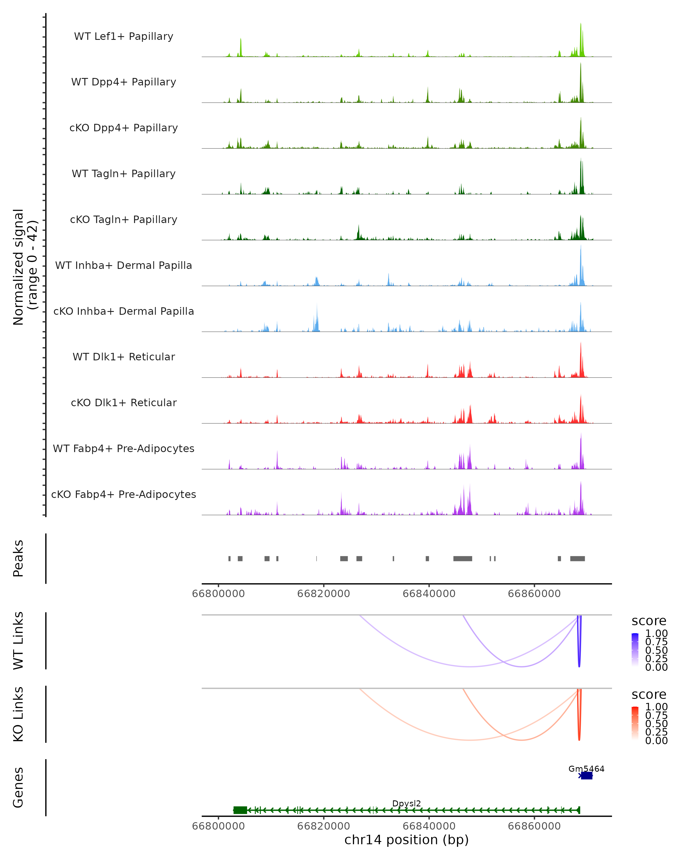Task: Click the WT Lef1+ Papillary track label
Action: click(124, 36)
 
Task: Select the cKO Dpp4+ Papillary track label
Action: click(124, 128)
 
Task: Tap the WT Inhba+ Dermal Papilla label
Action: click(124, 266)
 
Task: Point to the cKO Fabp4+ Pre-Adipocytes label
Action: click(124, 494)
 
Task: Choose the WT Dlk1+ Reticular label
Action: click(124, 357)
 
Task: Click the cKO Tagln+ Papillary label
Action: click(124, 220)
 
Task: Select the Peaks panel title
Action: click(18, 558)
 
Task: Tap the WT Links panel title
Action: click(18, 641)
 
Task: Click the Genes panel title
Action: click(18, 787)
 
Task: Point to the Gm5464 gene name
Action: click(586, 769)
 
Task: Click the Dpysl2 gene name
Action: click(406, 803)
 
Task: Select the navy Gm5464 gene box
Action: click(586, 775)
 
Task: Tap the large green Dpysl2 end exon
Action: click(240, 810)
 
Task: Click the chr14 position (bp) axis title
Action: click(406, 840)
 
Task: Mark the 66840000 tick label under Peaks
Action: click(429, 594)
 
